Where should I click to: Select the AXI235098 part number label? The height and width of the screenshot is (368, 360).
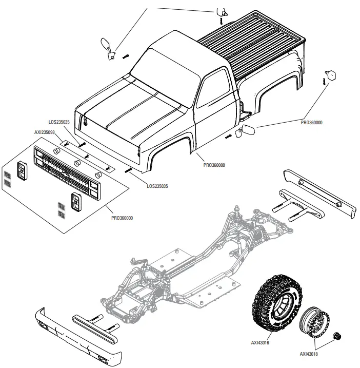coord(45,132)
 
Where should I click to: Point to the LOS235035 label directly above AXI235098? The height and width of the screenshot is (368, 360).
coord(59,122)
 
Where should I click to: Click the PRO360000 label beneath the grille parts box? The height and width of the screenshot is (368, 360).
coord(122,218)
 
